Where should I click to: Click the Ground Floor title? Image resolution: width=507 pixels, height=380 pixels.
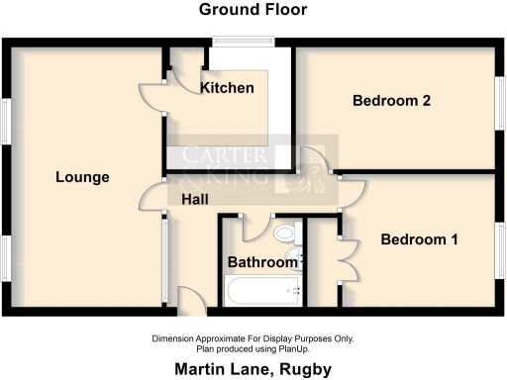[253, 10]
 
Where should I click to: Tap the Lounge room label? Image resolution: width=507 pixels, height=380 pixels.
[82, 177]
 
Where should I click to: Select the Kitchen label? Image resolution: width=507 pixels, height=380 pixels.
[227, 88]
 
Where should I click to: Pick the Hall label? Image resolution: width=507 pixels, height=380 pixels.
[194, 199]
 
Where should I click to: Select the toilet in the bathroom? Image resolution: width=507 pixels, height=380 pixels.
[286, 235]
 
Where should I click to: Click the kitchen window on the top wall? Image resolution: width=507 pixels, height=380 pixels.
[244, 42]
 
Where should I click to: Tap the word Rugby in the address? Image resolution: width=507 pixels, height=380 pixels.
[306, 369]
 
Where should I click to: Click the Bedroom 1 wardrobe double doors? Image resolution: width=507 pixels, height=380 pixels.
[346, 259]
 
